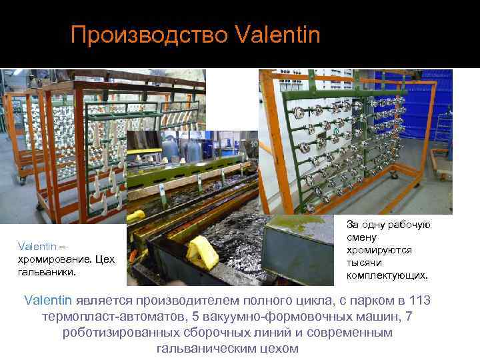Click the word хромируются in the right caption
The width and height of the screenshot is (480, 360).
(379, 250)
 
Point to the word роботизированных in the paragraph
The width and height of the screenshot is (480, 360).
(117, 333)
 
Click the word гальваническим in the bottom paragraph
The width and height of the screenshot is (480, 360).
(203, 349)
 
